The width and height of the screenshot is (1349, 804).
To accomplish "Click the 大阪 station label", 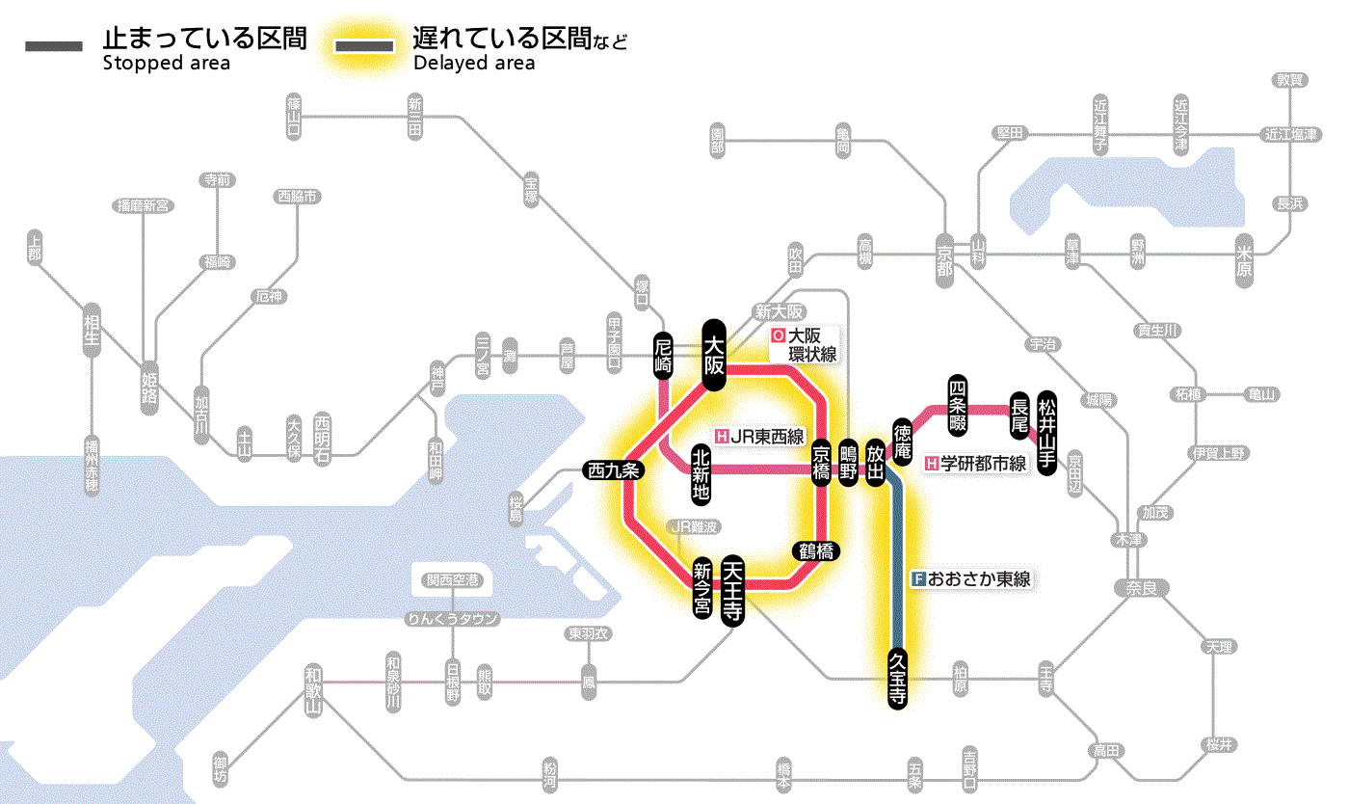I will [713, 354].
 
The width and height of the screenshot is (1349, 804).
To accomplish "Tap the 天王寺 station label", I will [734, 592].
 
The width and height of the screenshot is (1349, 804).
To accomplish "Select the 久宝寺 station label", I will [897, 680].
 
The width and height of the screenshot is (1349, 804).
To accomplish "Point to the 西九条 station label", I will [614, 471].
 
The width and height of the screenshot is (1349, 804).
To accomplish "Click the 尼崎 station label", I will [663, 355].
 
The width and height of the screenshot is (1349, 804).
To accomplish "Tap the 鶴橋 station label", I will [815, 551].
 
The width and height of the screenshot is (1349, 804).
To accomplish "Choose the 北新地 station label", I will [701, 474].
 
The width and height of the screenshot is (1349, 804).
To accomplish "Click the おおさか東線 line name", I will [979, 579].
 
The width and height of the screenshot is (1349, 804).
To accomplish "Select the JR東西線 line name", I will [767, 437].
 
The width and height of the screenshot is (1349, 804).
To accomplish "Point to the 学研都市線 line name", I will [984, 464].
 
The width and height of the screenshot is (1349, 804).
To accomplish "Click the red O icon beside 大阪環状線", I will [778, 336].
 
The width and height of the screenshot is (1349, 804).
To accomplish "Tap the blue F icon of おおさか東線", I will [918, 579].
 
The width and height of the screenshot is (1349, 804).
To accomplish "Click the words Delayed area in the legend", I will [474, 64].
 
